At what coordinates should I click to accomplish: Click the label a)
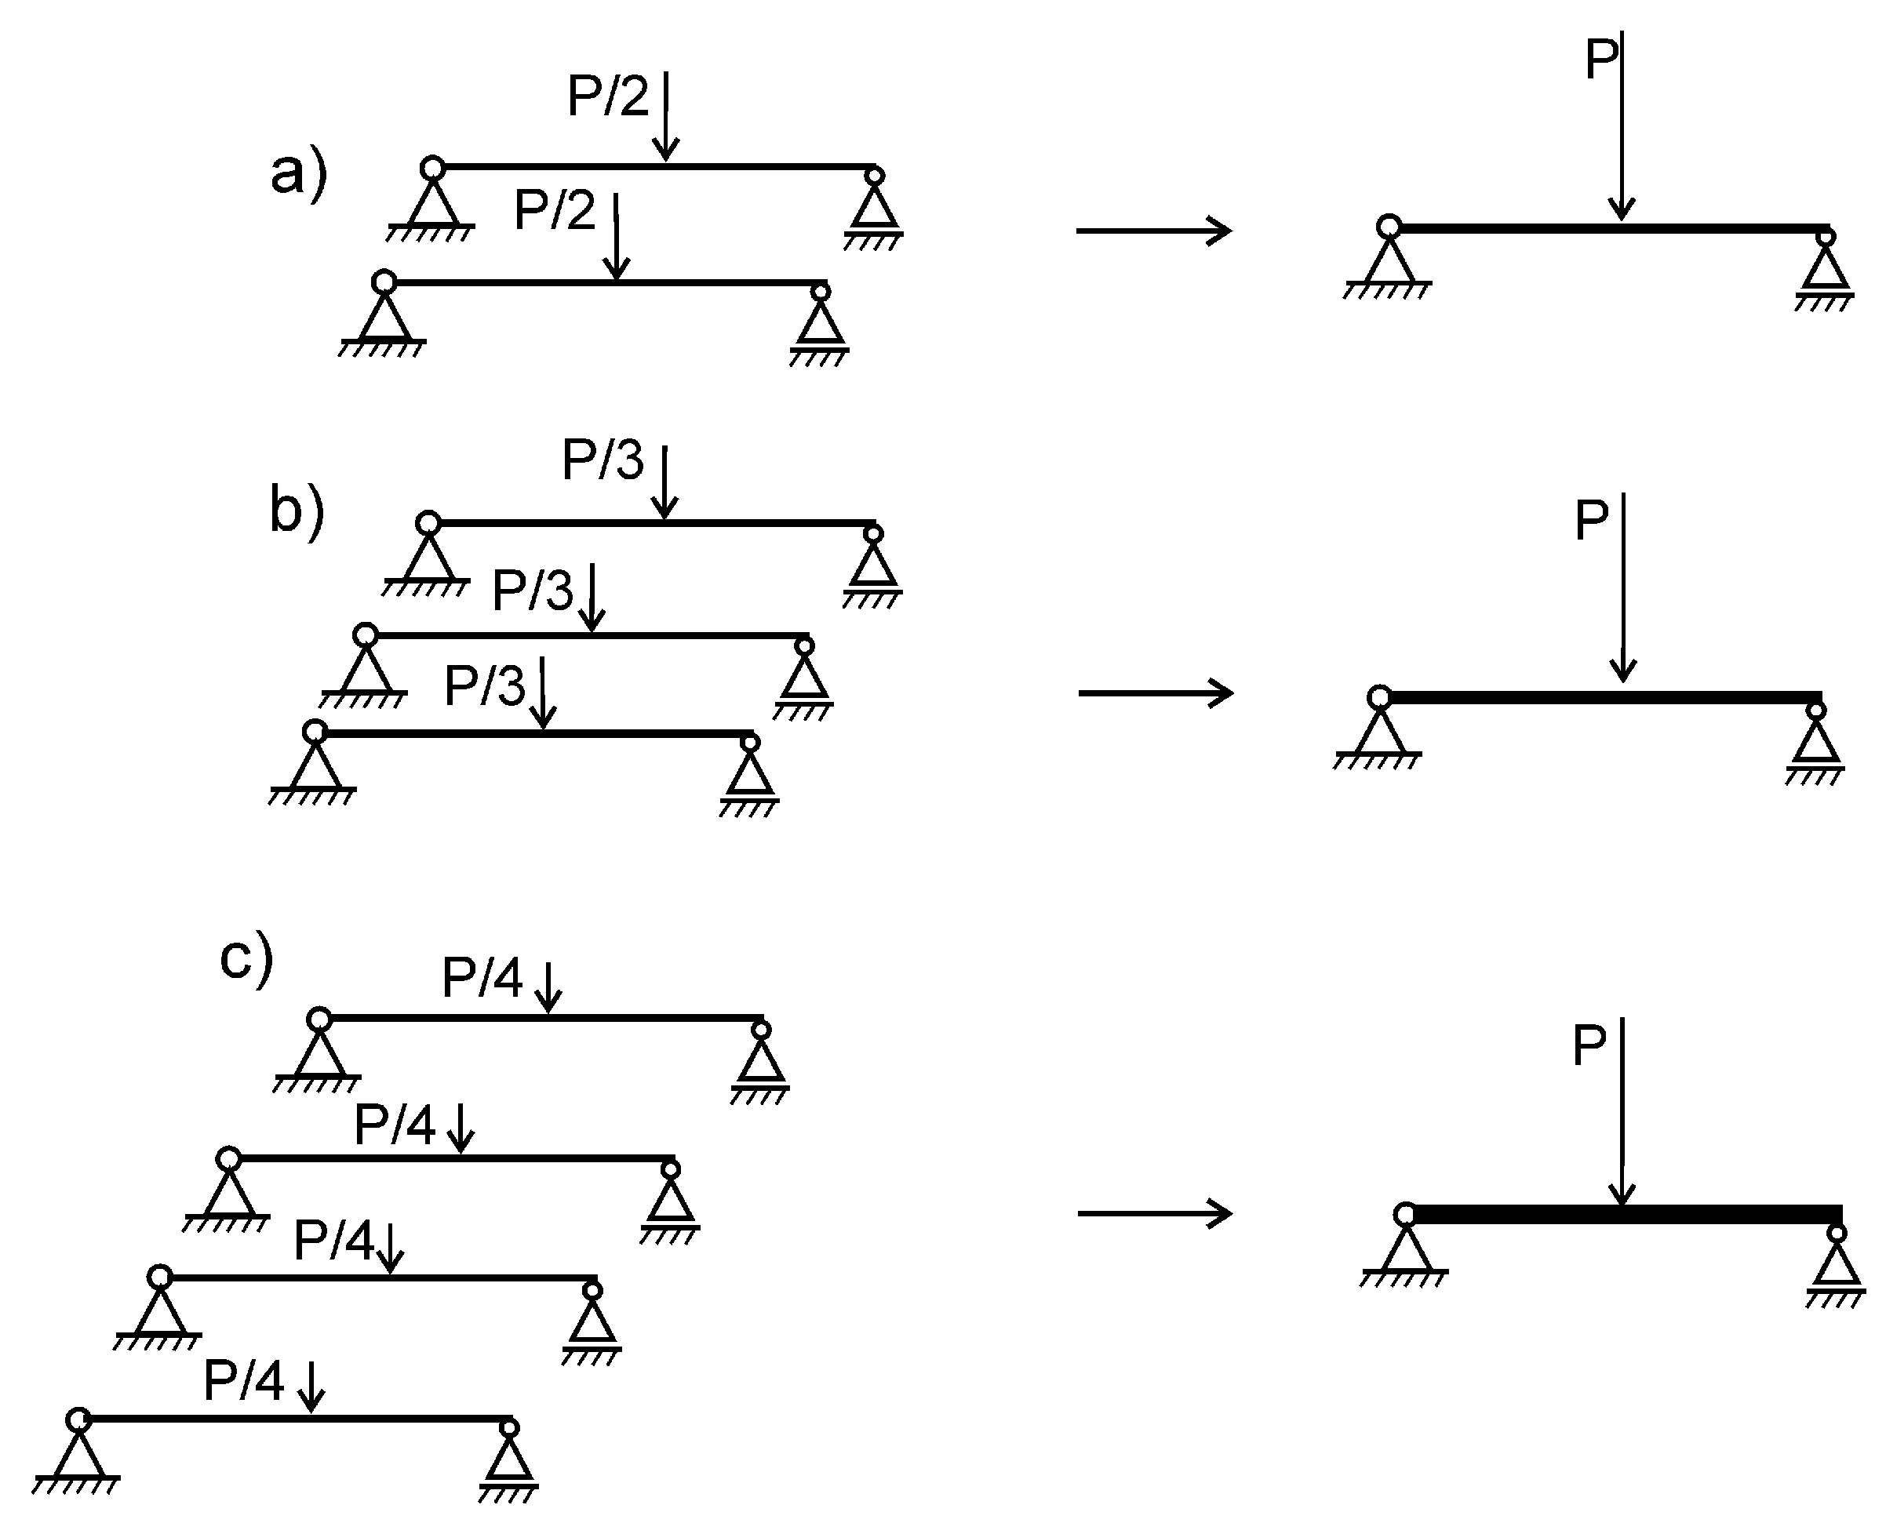pyautogui.click(x=298, y=173)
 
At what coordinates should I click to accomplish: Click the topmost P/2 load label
pyautogui.click(x=607, y=96)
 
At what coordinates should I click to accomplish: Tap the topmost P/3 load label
pyautogui.click(x=602, y=460)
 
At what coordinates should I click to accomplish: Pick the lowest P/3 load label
pyautogui.click(x=485, y=685)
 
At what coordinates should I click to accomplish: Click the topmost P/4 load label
pyautogui.click(x=482, y=977)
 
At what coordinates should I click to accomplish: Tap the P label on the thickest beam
pyautogui.click(x=1589, y=1045)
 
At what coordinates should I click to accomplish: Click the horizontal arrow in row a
pyautogui.click(x=1154, y=231)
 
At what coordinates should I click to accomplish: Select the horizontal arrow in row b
pyautogui.click(x=1156, y=693)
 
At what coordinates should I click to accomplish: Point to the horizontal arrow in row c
pyautogui.click(x=1155, y=1213)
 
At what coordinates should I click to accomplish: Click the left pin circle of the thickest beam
pyautogui.click(x=1405, y=1215)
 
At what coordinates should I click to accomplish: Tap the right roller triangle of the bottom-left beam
pyautogui.click(x=509, y=1459)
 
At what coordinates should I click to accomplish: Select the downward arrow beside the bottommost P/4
pyautogui.click(x=311, y=1386)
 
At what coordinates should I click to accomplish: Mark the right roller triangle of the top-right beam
pyautogui.click(x=1826, y=267)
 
